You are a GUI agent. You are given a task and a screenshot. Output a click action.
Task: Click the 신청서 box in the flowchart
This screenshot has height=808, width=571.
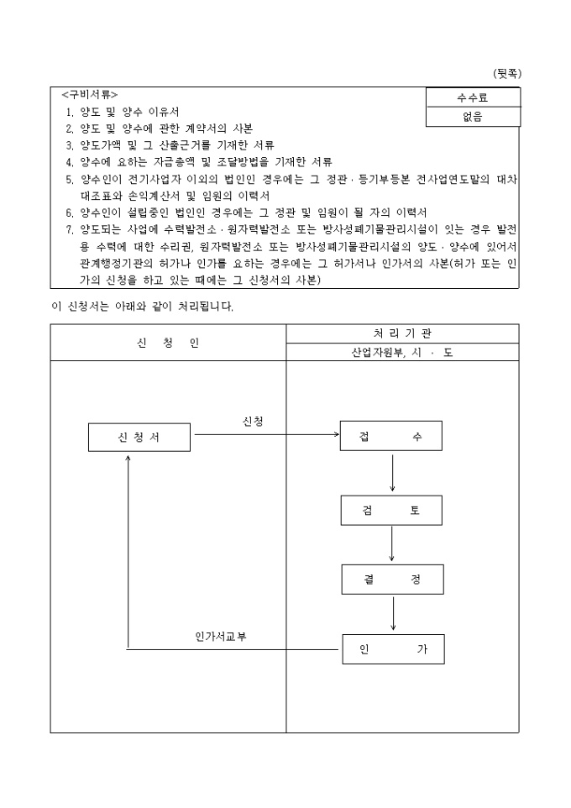(x=139, y=436)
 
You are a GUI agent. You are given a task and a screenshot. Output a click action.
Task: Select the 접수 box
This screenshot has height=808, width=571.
(x=390, y=436)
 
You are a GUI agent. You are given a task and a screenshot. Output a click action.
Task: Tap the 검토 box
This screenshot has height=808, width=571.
(x=391, y=510)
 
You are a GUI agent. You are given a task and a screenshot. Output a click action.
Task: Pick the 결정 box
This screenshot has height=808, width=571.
(x=392, y=579)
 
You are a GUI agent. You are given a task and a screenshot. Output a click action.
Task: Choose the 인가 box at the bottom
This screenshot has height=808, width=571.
(x=393, y=648)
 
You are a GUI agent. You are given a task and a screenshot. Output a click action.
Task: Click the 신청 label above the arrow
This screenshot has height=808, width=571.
(x=252, y=421)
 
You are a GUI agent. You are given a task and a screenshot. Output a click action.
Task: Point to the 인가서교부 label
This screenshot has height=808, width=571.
(x=221, y=636)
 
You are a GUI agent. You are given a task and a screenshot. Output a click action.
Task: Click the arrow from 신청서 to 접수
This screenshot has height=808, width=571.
(x=265, y=435)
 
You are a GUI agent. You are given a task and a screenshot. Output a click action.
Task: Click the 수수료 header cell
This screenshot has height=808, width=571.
(x=473, y=98)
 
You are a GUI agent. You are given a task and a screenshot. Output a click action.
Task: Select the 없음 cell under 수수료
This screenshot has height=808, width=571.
(x=473, y=118)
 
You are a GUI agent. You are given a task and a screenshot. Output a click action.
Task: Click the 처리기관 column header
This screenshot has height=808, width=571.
(x=402, y=333)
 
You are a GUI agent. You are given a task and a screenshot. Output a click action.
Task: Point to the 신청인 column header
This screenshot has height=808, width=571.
(x=168, y=343)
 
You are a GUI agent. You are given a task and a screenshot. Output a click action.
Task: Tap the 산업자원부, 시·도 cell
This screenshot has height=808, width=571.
(x=402, y=353)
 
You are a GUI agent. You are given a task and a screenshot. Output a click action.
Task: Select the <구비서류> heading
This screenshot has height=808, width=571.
(x=90, y=94)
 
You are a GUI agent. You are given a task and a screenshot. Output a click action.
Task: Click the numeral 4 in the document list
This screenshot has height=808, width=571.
(x=69, y=161)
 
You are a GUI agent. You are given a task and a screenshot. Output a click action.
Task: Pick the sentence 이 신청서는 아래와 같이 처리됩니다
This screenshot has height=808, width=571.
(x=142, y=306)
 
